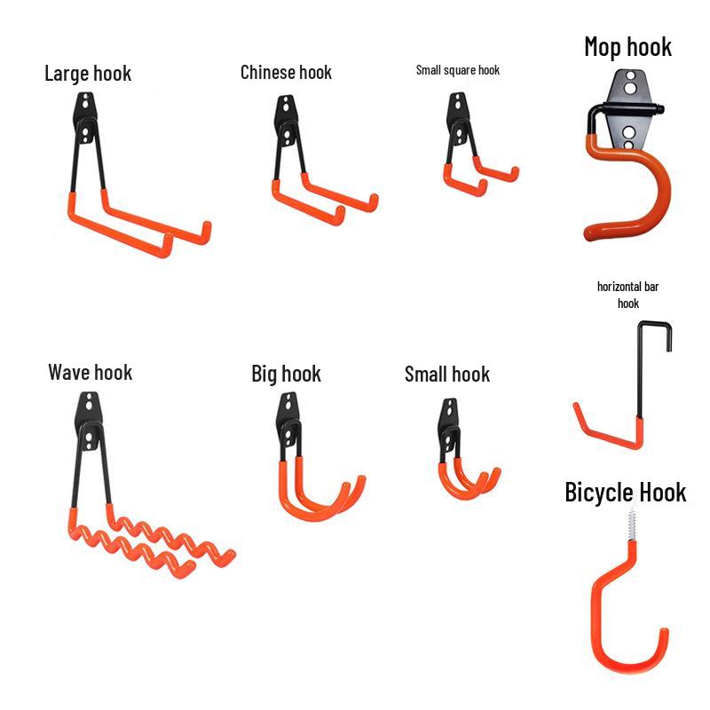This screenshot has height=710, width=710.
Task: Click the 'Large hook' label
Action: tap(88, 73)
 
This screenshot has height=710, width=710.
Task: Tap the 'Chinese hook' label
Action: tap(286, 72)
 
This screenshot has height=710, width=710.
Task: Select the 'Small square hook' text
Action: tap(457, 69)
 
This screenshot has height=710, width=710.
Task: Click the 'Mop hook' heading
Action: tap(627, 46)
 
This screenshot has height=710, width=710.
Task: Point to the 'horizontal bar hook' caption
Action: tap(627, 295)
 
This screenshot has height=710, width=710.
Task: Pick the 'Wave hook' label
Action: tap(90, 372)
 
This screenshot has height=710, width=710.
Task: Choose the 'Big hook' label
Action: tap(286, 374)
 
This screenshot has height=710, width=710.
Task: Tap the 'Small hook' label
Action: tap(446, 374)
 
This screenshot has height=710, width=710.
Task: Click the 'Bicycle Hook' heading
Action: tap(625, 493)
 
